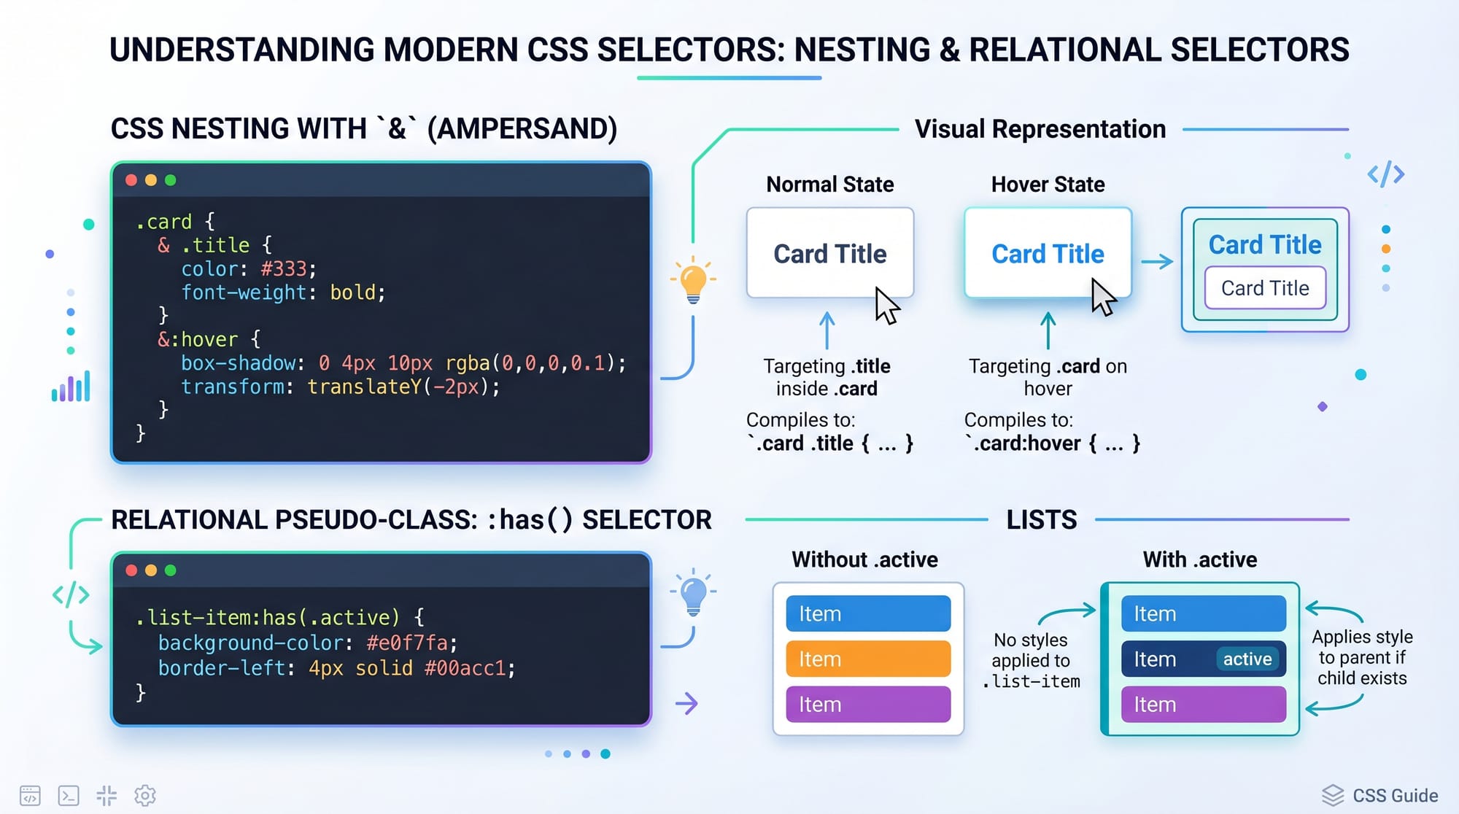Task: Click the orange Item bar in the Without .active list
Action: click(868, 659)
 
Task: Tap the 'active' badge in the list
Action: click(1247, 659)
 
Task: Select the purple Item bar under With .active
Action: click(1203, 705)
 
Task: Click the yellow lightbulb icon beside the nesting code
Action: click(693, 280)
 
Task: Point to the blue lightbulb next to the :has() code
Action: click(693, 594)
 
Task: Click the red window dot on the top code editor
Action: click(131, 180)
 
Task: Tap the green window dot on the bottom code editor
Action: click(171, 570)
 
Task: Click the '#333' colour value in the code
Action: click(284, 269)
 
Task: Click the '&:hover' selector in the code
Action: click(198, 340)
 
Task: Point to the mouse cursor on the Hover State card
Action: click(1103, 297)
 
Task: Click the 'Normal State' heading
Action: click(830, 185)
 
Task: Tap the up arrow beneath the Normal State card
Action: click(827, 330)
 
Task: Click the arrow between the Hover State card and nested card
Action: click(1157, 262)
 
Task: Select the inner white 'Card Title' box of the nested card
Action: click(1265, 288)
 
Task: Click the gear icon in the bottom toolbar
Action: click(145, 796)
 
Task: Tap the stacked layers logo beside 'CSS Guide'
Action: click(1333, 795)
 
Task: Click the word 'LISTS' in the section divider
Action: click(1042, 520)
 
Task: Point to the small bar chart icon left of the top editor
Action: click(71, 387)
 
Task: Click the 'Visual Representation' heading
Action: click(1040, 129)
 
